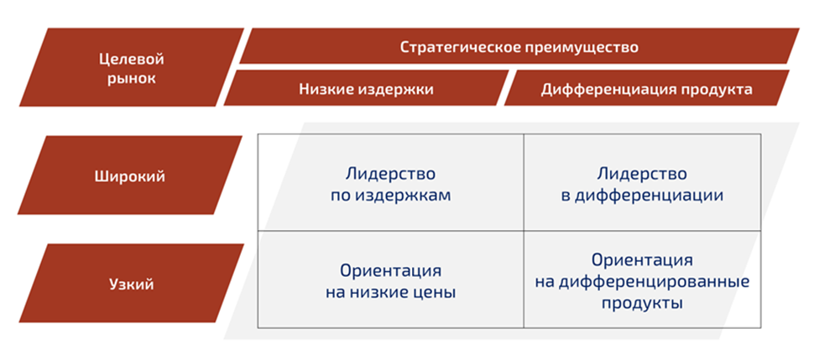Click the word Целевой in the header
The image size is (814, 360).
tap(130, 59)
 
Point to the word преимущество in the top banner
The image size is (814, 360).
tap(582, 47)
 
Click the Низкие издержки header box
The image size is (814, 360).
tap(366, 89)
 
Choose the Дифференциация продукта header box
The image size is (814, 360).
tap(646, 89)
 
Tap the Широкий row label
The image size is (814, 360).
tap(130, 177)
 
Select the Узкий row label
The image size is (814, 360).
tap(130, 284)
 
